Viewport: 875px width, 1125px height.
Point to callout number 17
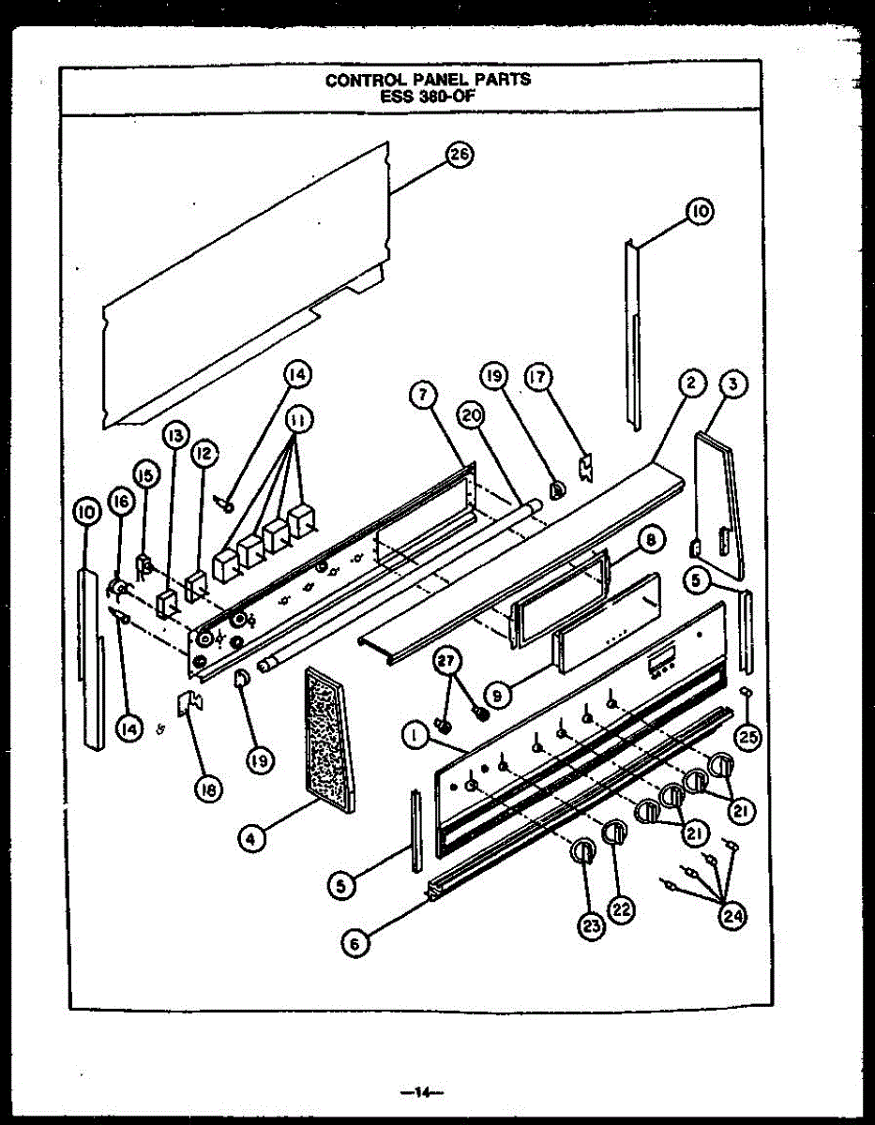point(538,378)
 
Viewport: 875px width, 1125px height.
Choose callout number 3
point(733,382)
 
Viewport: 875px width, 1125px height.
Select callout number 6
point(354,944)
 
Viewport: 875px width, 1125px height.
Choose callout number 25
point(747,739)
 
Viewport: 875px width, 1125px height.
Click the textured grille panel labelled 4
point(328,741)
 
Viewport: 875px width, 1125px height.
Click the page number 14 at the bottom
point(421,1090)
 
